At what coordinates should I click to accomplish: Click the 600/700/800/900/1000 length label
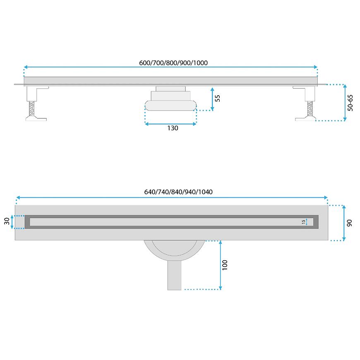coord(173,63)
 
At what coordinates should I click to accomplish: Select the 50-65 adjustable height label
coord(350,102)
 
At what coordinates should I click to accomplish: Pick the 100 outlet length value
coord(225,265)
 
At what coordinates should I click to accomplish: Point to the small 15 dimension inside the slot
coord(303,222)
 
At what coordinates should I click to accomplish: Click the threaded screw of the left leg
coord(31,110)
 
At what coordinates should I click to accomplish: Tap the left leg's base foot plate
coord(36,119)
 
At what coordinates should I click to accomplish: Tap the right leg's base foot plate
coord(305,119)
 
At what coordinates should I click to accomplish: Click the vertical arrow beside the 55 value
coord(212,99)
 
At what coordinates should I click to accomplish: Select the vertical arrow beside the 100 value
coord(221,265)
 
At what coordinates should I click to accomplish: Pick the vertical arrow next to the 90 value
coord(343,223)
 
